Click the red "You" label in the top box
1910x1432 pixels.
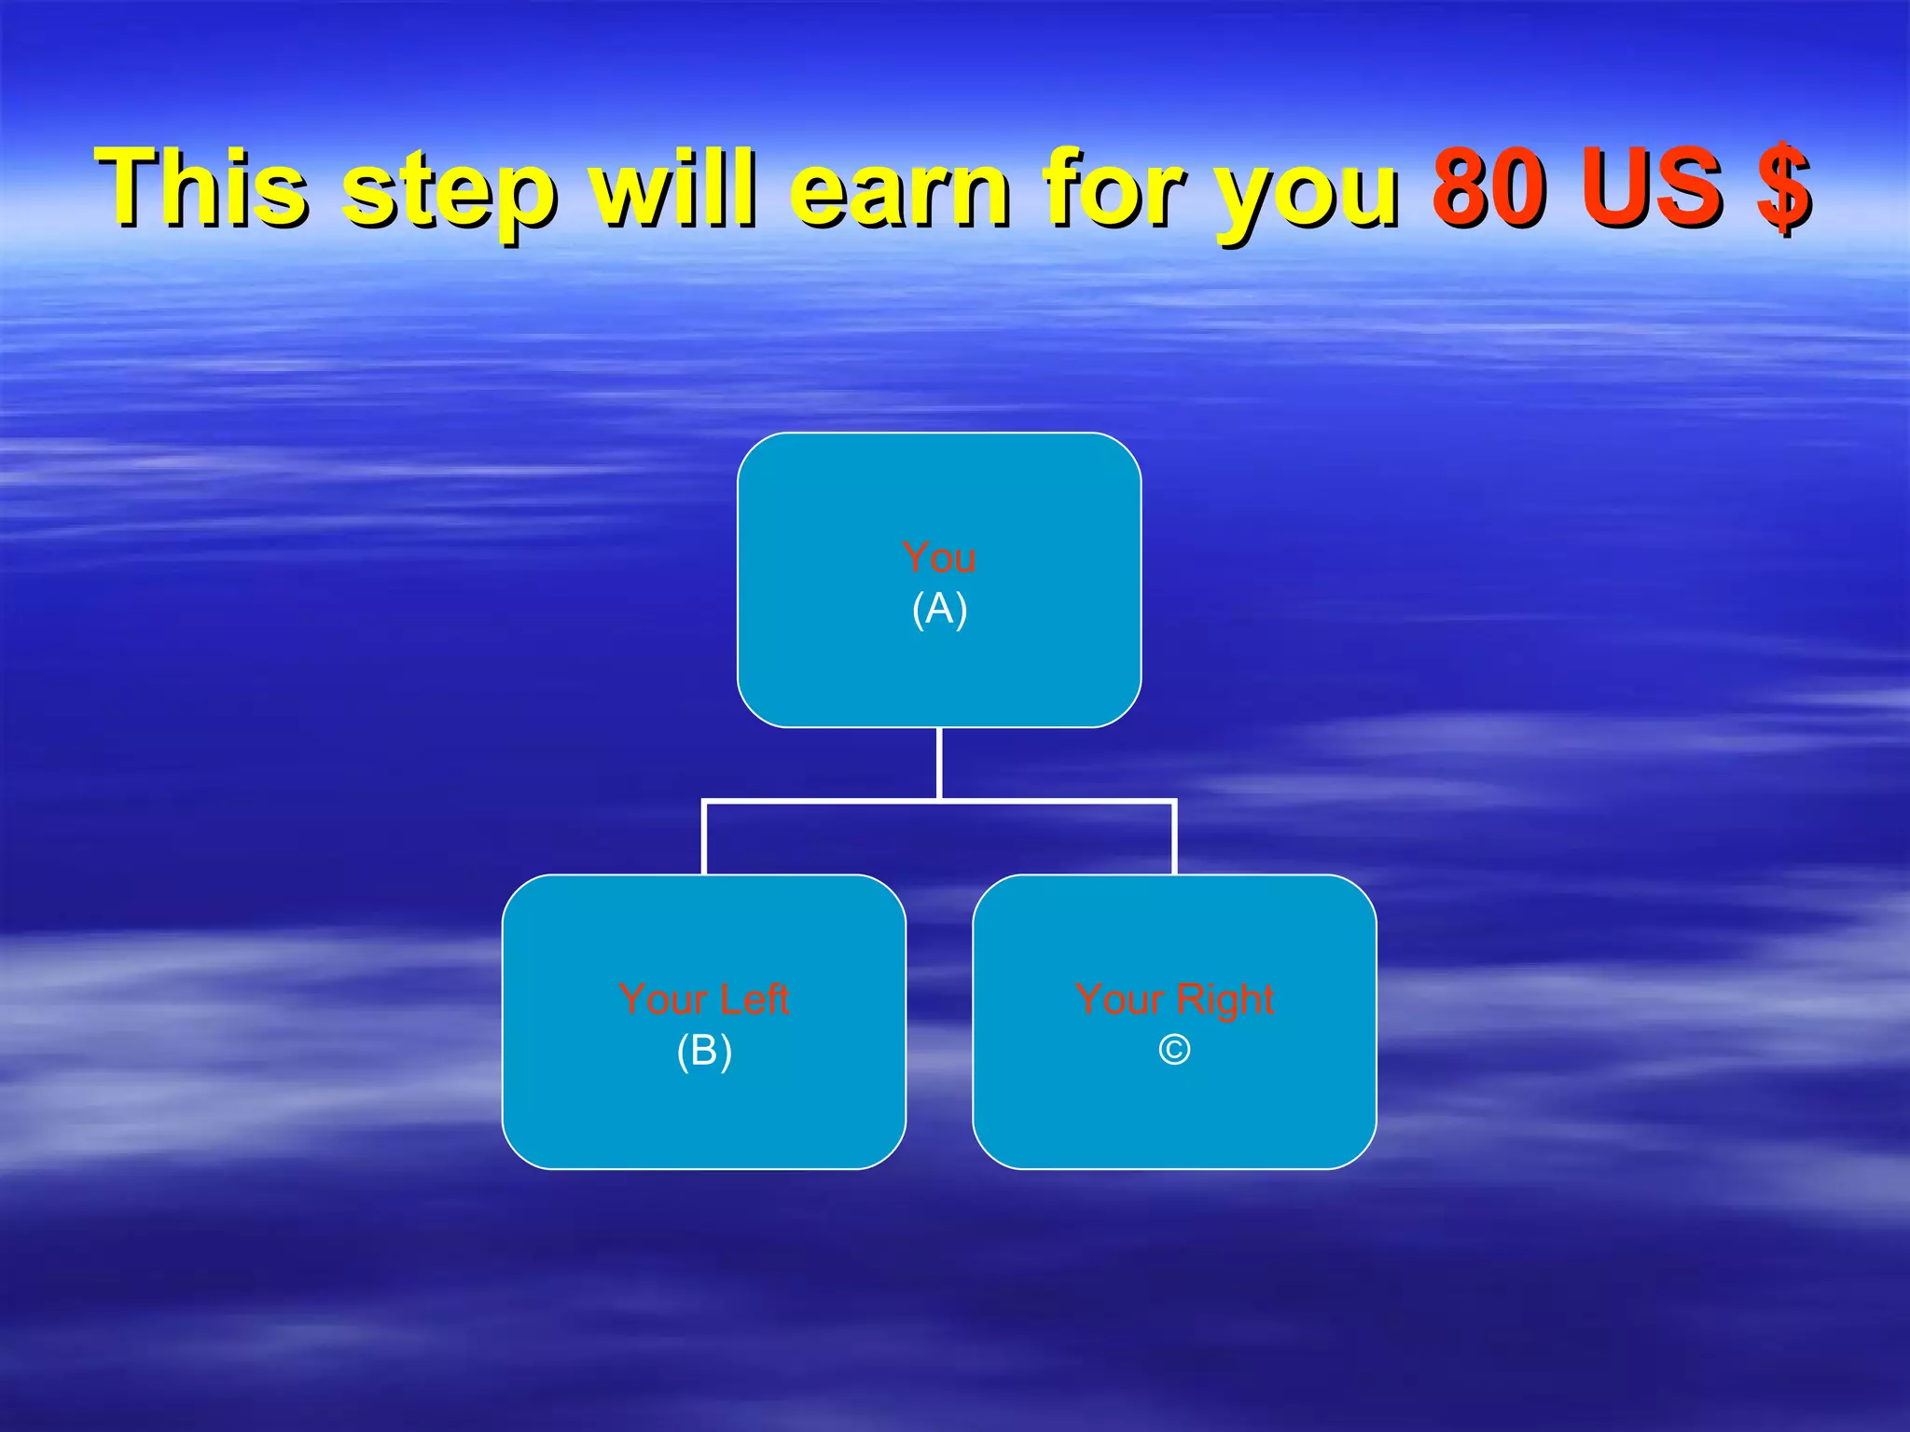pos(939,558)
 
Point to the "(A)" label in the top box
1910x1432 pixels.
pos(939,609)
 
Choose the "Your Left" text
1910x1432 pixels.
pos(704,999)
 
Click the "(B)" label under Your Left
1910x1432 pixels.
pos(704,1051)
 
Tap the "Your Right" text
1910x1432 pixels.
pos(1174,999)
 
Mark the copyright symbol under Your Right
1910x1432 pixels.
pos(1174,1051)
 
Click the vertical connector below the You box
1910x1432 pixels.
pos(939,763)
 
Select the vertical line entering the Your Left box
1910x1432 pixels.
pos(704,837)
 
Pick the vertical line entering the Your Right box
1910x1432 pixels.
pos(1174,837)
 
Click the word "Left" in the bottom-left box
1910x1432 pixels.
pos(754,999)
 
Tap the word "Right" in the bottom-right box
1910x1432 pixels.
pos(1225,999)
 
